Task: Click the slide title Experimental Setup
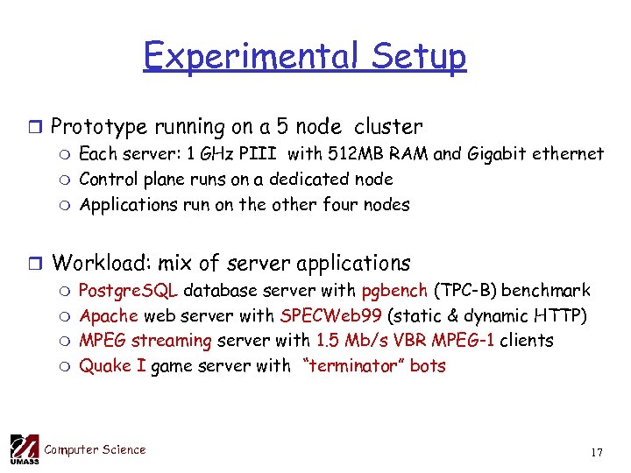tap(305, 57)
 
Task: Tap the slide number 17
tap(597, 453)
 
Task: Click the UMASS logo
tap(24, 449)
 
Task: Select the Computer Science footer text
tap(95, 450)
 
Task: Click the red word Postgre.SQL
tap(129, 290)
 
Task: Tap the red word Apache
tap(109, 315)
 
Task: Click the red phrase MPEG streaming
tap(145, 341)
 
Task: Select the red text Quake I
tap(112, 366)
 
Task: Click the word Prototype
tap(98, 126)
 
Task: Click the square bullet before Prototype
tap(33, 127)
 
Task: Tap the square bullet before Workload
tap(33, 263)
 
